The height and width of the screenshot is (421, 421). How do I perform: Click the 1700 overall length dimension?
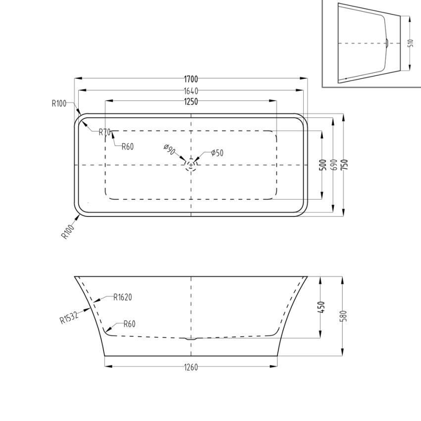[x=191, y=79]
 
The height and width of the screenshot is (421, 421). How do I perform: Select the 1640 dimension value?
[x=191, y=91]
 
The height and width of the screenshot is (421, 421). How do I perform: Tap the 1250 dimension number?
[x=191, y=102]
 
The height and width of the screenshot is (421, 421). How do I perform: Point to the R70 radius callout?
[x=104, y=132]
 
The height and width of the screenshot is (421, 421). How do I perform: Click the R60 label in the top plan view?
[x=128, y=146]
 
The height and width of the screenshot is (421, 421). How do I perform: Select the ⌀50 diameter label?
[x=217, y=153]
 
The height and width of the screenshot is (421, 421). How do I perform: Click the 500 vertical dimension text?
[x=322, y=165]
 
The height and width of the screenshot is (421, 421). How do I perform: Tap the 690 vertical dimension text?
[x=334, y=165]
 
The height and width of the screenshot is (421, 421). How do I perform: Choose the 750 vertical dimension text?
[x=345, y=165]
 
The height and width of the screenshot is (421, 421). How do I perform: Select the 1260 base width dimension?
[x=191, y=367]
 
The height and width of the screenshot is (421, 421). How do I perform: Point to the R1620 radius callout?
[x=122, y=298]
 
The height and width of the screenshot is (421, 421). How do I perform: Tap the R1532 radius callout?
[x=69, y=316]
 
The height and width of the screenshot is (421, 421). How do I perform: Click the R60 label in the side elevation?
[x=129, y=324]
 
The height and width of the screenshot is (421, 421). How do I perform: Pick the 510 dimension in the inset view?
[x=410, y=43]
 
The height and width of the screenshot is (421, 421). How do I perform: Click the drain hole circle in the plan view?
[x=191, y=164]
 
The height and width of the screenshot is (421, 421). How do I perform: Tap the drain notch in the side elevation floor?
[x=191, y=339]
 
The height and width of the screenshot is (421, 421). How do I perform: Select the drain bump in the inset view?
[x=387, y=43]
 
